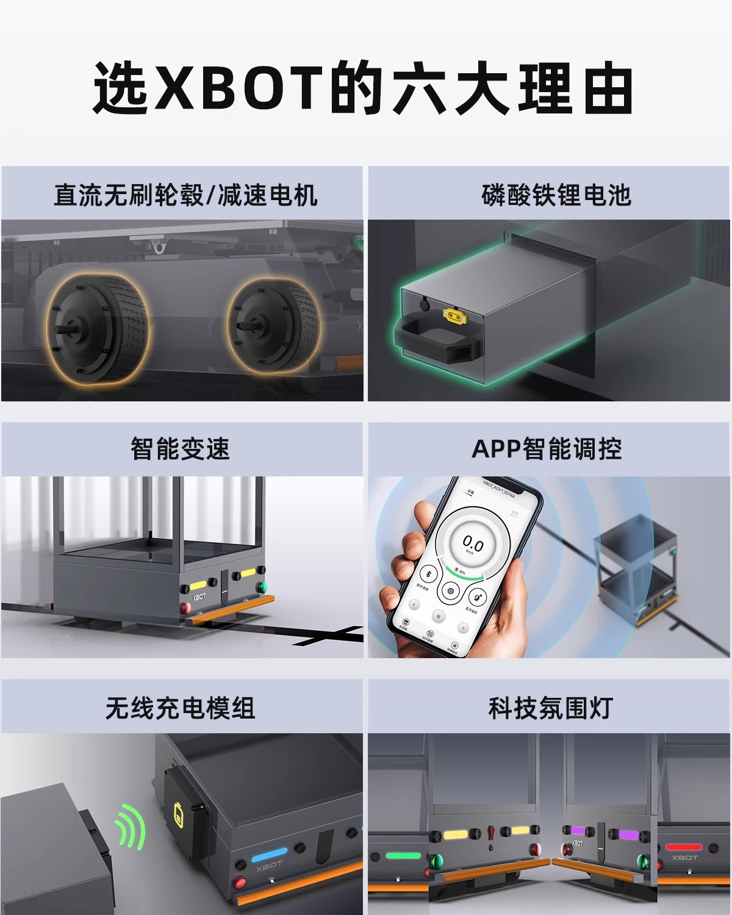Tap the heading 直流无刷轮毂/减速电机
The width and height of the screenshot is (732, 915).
[185, 195]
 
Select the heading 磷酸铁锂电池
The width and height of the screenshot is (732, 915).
[556, 195]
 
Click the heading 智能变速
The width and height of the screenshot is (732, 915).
[180, 449]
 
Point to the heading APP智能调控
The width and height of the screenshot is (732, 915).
[547, 449]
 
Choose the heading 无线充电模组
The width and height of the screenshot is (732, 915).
[180, 708]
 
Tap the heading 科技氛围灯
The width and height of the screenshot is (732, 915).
[550, 708]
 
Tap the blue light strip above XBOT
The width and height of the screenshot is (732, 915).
[269, 852]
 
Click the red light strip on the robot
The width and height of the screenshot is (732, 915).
[684, 847]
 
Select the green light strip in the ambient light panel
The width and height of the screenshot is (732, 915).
[403, 855]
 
